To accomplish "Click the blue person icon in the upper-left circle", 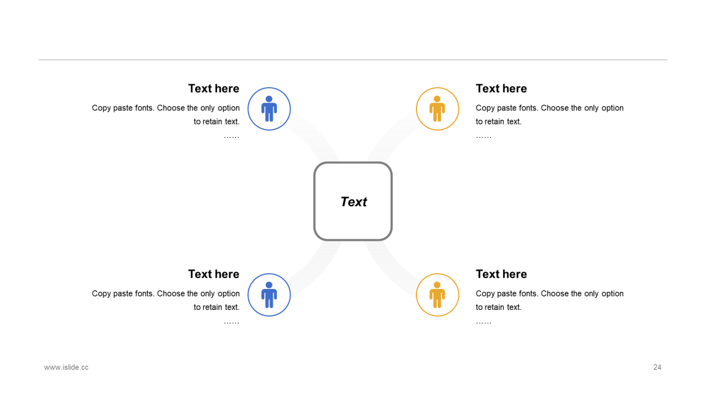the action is pyautogui.click(x=269, y=109).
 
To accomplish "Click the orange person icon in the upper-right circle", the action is pyautogui.click(x=437, y=109).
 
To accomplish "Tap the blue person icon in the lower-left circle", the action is pyautogui.click(x=269, y=294).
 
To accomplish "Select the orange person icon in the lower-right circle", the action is pyautogui.click(x=437, y=294).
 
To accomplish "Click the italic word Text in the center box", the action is pyautogui.click(x=354, y=202).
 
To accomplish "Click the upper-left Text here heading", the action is pyautogui.click(x=213, y=89).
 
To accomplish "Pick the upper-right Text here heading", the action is pyautogui.click(x=501, y=89).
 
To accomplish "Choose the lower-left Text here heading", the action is pyautogui.click(x=213, y=274).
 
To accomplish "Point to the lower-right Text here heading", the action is pyautogui.click(x=501, y=274).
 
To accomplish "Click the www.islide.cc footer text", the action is pyautogui.click(x=66, y=367).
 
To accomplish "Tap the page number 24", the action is pyautogui.click(x=657, y=367).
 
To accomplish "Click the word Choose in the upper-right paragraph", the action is pyautogui.click(x=554, y=108).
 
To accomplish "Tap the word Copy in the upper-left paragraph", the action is pyautogui.click(x=101, y=109).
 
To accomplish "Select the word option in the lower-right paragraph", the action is pyautogui.click(x=612, y=294).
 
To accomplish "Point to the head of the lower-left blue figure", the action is pyautogui.click(x=269, y=285).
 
